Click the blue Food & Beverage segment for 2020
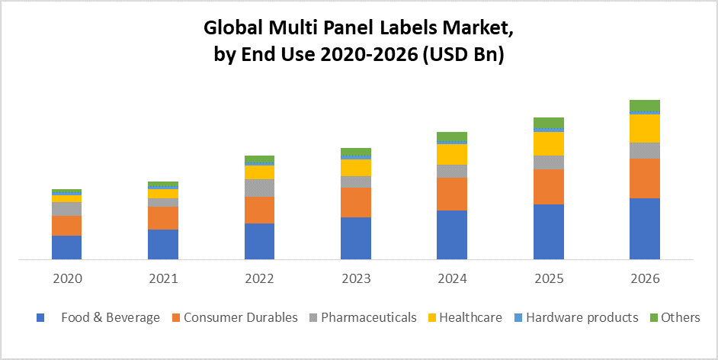pyautogui.click(x=66, y=247)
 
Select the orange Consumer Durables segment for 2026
pyautogui.click(x=644, y=178)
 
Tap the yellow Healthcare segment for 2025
pyautogui.click(x=548, y=143)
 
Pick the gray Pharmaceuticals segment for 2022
pyautogui.click(x=259, y=188)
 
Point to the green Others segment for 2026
pyautogui.click(x=644, y=105)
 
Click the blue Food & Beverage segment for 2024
pyautogui.click(x=452, y=234)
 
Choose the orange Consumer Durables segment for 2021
pyautogui.click(x=162, y=218)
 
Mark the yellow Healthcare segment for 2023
pyautogui.click(x=355, y=168)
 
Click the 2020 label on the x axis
pyautogui.click(x=67, y=278)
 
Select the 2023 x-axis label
pyautogui.click(x=355, y=278)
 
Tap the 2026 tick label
pyautogui.click(x=644, y=278)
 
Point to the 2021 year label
pyautogui.click(x=162, y=278)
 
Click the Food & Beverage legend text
pyautogui.click(x=111, y=317)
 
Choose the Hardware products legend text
pyautogui.click(x=582, y=317)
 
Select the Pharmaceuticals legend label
pyautogui.click(x=368, y=317)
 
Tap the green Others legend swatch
pyautogui.click(x=652, y=317)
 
